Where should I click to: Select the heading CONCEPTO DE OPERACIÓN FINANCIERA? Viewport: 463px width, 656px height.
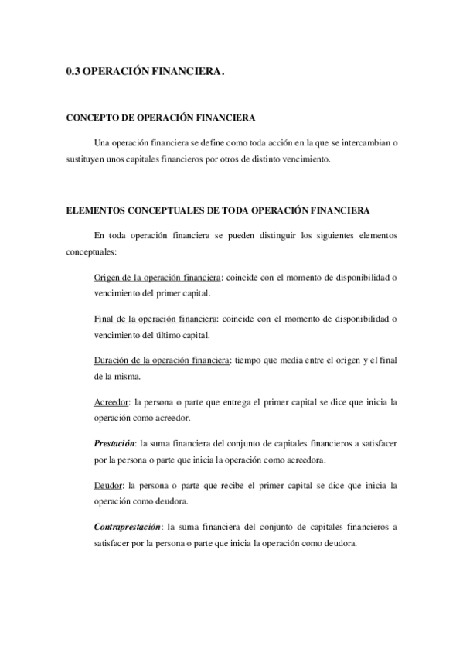point(160,118)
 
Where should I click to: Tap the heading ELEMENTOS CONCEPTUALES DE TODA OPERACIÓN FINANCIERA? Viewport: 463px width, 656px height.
point(218,210)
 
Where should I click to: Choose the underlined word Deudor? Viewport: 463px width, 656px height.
point(108,485)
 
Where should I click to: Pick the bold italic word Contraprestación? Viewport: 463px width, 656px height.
point(128,527)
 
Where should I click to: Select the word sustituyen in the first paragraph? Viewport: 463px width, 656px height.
point(84,160)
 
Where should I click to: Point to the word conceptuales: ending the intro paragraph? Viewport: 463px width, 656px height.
point(90,251)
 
